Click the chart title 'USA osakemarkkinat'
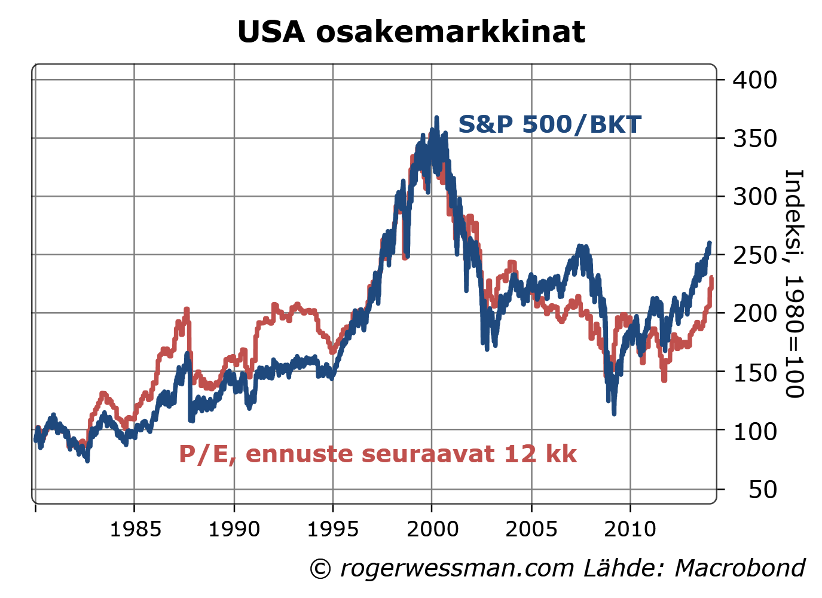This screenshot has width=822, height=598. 411,32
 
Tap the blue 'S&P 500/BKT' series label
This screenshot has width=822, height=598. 549,124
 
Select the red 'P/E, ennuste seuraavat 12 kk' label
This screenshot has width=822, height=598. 378,454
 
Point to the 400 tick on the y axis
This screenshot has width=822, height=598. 754,80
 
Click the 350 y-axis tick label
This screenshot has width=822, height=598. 754,138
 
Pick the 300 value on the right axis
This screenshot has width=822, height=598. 754,196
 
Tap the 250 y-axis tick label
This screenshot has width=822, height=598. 754,255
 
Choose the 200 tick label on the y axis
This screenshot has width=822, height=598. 754,313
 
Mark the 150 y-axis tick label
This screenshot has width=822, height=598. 754,371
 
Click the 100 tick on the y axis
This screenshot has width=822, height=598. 754,430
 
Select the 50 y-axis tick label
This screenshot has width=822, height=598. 762,489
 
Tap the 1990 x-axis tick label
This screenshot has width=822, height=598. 234,529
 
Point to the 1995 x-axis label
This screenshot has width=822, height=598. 333,529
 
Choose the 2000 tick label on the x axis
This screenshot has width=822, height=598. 432,529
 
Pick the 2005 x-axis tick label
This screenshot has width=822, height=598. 531,529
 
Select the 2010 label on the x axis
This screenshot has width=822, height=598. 630,529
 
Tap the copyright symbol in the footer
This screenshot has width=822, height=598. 320,569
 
